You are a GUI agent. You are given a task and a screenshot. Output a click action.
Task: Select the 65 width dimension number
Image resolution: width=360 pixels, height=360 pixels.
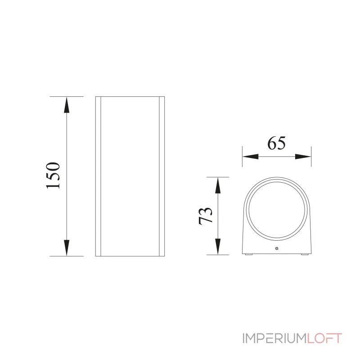[x=277, y=143]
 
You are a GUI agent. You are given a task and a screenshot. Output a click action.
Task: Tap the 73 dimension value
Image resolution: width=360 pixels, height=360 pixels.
[x=205, y=216]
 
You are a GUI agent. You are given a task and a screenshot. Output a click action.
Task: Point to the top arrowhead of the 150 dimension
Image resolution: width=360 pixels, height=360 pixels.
[x=67, y=105]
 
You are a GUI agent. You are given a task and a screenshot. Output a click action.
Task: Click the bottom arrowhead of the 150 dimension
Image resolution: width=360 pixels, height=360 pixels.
[x=67, y=248]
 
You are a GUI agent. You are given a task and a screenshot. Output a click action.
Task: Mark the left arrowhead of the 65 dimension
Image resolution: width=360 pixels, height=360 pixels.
[x=250, y=157]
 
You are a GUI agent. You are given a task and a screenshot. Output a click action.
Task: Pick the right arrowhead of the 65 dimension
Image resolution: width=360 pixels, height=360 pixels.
[x=303, y=157]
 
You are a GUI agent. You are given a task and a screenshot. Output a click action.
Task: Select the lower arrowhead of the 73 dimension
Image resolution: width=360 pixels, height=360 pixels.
[x=218, y=247]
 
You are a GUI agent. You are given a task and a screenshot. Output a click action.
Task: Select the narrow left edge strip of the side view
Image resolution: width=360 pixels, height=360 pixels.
[x=98, y=176]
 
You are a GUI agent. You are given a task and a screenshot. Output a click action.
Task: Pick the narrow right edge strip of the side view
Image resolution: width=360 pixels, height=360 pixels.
[x=162, y=176]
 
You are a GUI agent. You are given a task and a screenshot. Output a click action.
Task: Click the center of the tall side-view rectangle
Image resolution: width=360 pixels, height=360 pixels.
[x=130, y=176]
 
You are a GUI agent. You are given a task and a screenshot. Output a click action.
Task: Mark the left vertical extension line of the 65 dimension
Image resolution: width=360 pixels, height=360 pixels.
[x=242, y=156]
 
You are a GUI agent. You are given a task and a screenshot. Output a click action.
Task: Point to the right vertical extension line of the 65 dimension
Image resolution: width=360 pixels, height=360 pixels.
[x=311, y=156]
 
